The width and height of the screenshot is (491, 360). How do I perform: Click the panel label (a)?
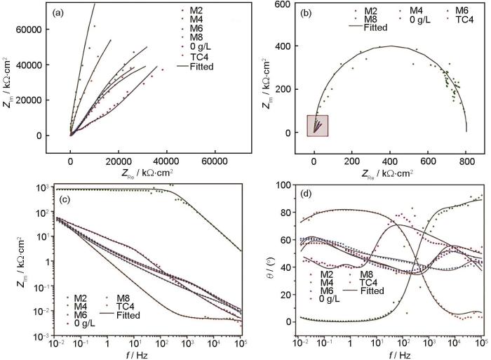[63, 12]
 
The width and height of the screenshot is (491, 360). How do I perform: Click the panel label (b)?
[308, 13]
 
